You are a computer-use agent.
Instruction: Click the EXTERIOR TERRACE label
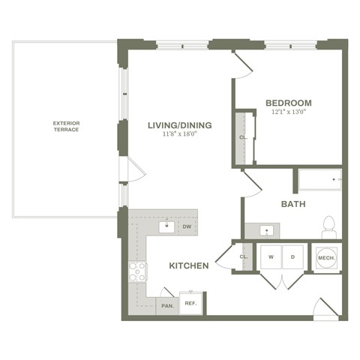tap(66, 125)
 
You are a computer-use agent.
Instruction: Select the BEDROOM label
tap(289, 103)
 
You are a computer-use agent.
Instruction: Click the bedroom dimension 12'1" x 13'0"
tap(289, 112)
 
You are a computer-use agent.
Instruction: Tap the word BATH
tap(292, 204)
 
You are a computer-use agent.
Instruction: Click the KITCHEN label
tap(188, 265)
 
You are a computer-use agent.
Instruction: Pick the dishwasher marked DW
tap(187, 226)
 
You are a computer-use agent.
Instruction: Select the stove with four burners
tap(137, 271)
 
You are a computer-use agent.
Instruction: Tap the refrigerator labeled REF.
tap(190, 303)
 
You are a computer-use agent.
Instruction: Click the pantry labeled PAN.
tap(167, 305)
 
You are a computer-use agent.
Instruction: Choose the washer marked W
tap(270, 257)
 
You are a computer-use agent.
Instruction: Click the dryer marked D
tap(292, 257)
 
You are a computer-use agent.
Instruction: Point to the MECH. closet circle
tap(326, 257)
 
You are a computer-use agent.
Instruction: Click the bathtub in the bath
tap(319, 180)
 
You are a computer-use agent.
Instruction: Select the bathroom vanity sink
tap(266, 229)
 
